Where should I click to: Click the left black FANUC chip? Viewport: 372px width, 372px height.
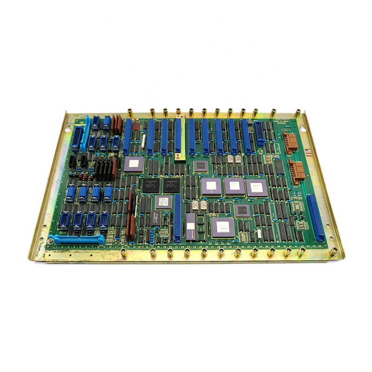coord(152,185)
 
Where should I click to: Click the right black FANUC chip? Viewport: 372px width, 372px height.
coord(172,185)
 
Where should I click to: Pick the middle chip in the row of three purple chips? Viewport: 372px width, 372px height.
coord(234,187)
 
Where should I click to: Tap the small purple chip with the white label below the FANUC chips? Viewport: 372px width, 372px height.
coord(163,202)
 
